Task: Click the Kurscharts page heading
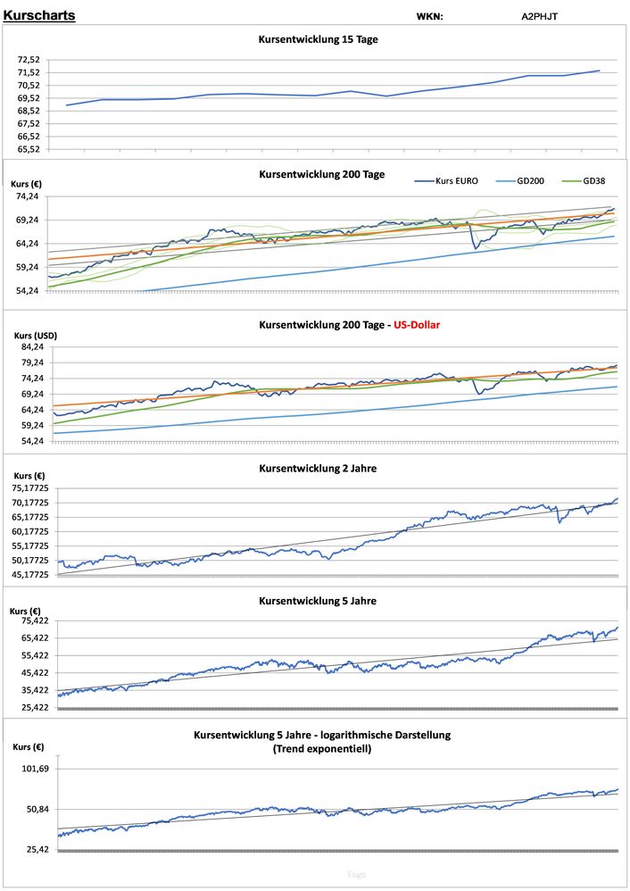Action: tap(39, 15)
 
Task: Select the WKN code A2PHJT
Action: tap(540, 16)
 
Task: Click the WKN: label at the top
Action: tap(429, 16)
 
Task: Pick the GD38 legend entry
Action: tap(593, 180)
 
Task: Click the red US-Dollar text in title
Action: tap(411, 325)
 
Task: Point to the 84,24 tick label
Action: tap(33, 347)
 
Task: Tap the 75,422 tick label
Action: tap(34, 620)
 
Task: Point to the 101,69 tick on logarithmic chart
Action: tap(34, 769)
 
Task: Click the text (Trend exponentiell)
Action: tap(321, 748)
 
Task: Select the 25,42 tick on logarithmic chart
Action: tap(37, 850)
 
